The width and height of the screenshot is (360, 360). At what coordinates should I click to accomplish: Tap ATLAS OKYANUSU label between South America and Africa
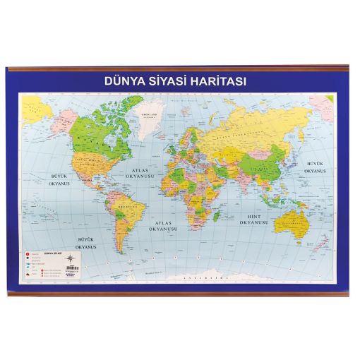click(164, 226)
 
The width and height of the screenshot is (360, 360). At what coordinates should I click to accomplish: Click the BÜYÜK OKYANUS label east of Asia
click(314, 167)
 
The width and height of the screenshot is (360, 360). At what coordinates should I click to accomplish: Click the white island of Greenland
click(148, 120)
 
